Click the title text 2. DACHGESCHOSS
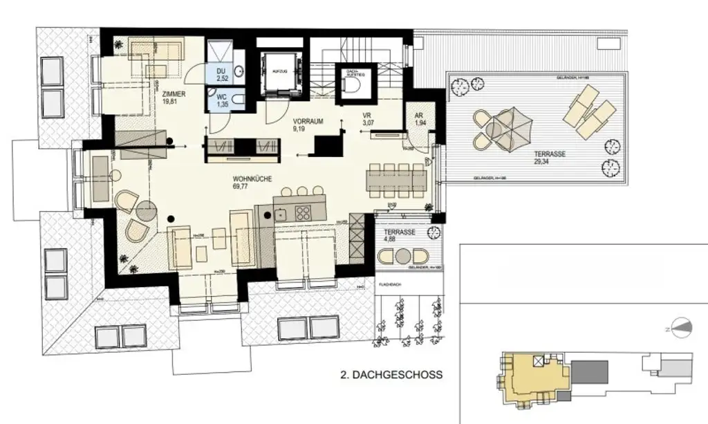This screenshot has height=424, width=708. point(391,376)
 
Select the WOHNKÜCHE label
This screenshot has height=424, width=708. point(252,178)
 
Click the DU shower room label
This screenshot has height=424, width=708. point(221,72)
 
